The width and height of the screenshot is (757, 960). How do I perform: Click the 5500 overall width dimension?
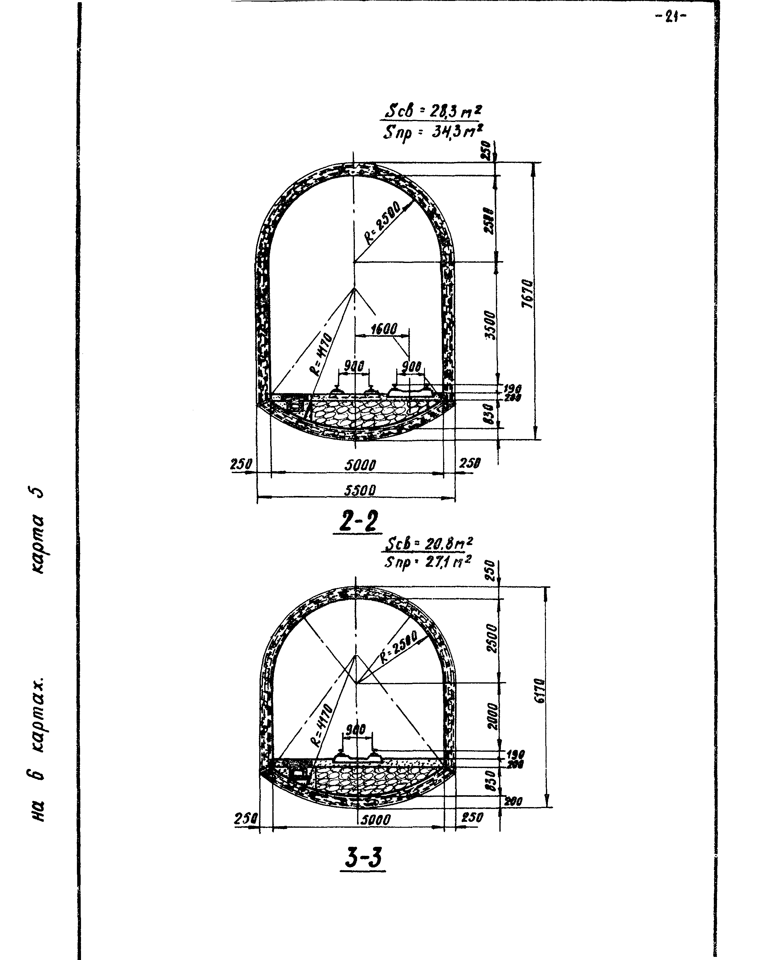pos(360,490)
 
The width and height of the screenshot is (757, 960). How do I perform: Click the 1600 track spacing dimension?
pos(384,329)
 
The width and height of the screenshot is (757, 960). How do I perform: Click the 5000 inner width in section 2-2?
pos(360,465)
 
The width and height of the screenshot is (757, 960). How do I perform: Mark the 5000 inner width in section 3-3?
pos(375,820)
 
